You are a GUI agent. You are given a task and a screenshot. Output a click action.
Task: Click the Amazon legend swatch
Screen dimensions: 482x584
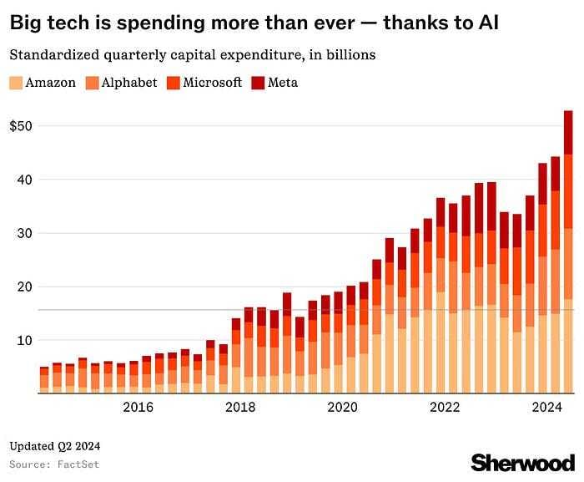(16, 83)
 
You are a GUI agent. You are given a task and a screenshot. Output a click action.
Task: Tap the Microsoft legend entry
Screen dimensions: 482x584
(212, 83)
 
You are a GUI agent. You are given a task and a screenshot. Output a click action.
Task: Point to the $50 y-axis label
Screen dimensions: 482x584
(21, 125)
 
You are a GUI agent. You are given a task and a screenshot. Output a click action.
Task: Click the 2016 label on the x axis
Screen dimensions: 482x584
(138, 408)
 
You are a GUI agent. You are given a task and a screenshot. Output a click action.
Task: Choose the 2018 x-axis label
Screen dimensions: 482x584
(240, 408)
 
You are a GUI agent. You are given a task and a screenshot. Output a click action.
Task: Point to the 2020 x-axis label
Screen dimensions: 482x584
(343, 408)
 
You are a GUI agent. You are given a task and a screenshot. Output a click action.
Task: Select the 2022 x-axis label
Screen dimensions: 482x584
(446, 408)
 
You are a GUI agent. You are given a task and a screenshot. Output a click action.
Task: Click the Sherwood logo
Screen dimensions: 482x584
(522, 462)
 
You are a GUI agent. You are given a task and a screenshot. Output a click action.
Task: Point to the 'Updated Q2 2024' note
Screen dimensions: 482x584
(53, 445)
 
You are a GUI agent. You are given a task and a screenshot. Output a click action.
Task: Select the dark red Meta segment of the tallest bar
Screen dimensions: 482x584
(568, 132)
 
